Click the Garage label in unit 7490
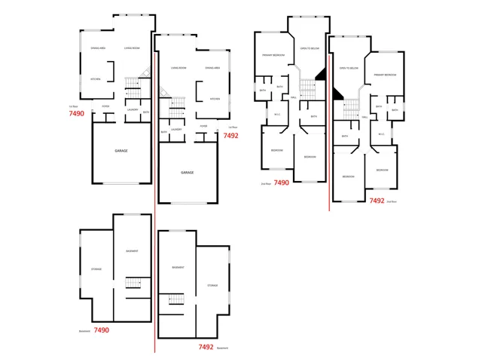click(120, 151)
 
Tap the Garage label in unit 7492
click(187, 172)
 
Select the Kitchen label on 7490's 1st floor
click(96, 79)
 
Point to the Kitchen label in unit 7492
click(215, 99)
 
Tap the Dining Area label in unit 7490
click(99, 48)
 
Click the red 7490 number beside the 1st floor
click(76, 113)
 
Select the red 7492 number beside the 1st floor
click(230, 136)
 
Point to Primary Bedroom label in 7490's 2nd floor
click(272, 56)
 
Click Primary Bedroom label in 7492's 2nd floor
click(384, 75)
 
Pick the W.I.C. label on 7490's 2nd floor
click(277, 115)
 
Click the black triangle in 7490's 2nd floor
click(321, 73)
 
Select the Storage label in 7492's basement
click(212, 285)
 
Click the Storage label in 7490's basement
click(96, 268)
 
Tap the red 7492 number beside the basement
click(206, 347)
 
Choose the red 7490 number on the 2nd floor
click(281, 183)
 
